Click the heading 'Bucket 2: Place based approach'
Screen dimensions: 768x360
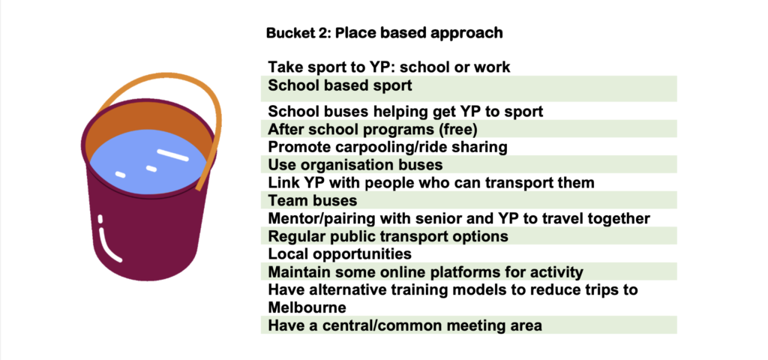tap(385, 33)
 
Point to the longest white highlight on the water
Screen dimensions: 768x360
tap(172, 154)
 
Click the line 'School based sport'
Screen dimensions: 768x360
tap(340, 85)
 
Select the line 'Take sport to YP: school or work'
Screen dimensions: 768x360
tap(389, 67)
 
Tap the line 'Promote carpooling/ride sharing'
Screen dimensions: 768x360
tap(388, 147)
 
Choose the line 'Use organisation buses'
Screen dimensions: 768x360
tap(355, 164)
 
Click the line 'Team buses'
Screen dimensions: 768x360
tap(313, 200)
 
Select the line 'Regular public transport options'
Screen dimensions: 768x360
tap(388, 236)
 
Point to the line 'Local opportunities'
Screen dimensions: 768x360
tap(340, 254)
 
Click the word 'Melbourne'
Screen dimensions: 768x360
tap(307, 307)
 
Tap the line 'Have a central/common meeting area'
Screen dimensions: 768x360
tap(405, 325)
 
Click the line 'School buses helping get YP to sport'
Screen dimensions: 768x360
tap(406, 112)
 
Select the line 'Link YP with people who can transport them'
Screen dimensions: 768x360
tap(431, 183)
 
